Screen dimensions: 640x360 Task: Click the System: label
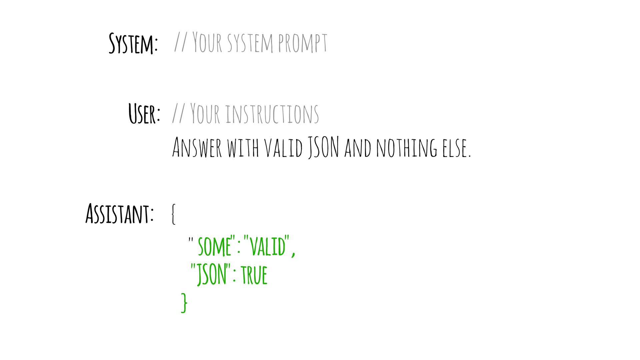click(133, 43)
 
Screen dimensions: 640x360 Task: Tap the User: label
click(144, 114)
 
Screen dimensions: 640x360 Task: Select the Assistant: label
click(120, 214)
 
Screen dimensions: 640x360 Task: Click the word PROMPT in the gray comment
click(302, 43)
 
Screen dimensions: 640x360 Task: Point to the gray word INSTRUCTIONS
click(272, 114)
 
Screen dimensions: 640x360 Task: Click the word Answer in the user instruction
click(197, 147)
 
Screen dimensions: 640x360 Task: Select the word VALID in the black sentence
click(284, 147)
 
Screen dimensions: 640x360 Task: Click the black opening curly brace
click(173, 214)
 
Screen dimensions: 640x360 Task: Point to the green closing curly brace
click(184, 303)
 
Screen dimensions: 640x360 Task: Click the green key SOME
click(214, 246)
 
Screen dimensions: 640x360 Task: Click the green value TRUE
click(254, 275)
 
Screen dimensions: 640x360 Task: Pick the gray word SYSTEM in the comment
click(250, 43)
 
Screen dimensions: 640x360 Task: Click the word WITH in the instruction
click(243, 147)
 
